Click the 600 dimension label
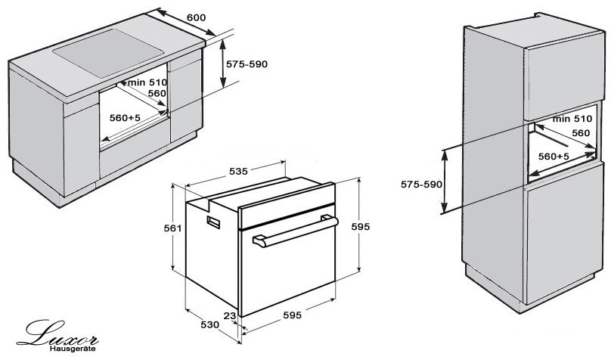(x=196, y=17)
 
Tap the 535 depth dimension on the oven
(x=238, y=171)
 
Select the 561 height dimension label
(x=172, y=228)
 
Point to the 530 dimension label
(x=210, y=324)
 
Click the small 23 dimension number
(x=231, y=315)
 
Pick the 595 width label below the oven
(x=292, y=315)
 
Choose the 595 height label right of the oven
(x=361, y=226)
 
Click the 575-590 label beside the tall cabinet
(x=422, y=185)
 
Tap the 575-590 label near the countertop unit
(x=247, y=64)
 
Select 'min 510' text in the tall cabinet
(x=572, y=119)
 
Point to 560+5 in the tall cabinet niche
(x=554, y=157)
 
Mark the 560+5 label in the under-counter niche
(x=125, y=117)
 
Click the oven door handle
(x=296, y=232)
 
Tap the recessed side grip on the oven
(x=213, y=222)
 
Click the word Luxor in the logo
(x=57, y=334)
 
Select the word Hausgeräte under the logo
(x=73, y=349)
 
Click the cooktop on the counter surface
(x=108, y=53)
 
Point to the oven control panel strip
(x=287, y=216)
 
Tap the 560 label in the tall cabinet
(x=581, y=133)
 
